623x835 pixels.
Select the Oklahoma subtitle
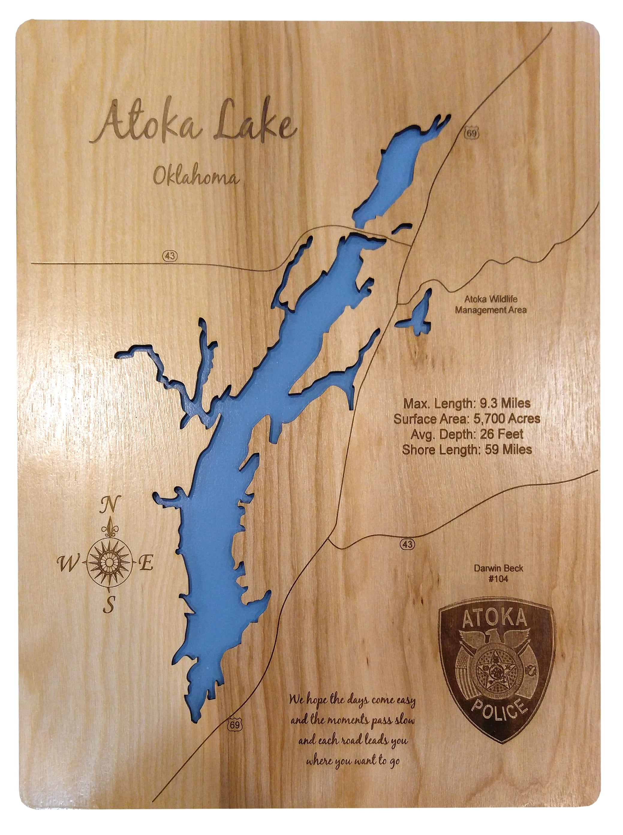(x=196, y=176)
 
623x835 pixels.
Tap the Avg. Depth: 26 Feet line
(x=467, y=434)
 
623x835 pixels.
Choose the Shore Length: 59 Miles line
(x=467, y=449)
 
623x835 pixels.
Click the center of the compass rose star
(x=110, y=563)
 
